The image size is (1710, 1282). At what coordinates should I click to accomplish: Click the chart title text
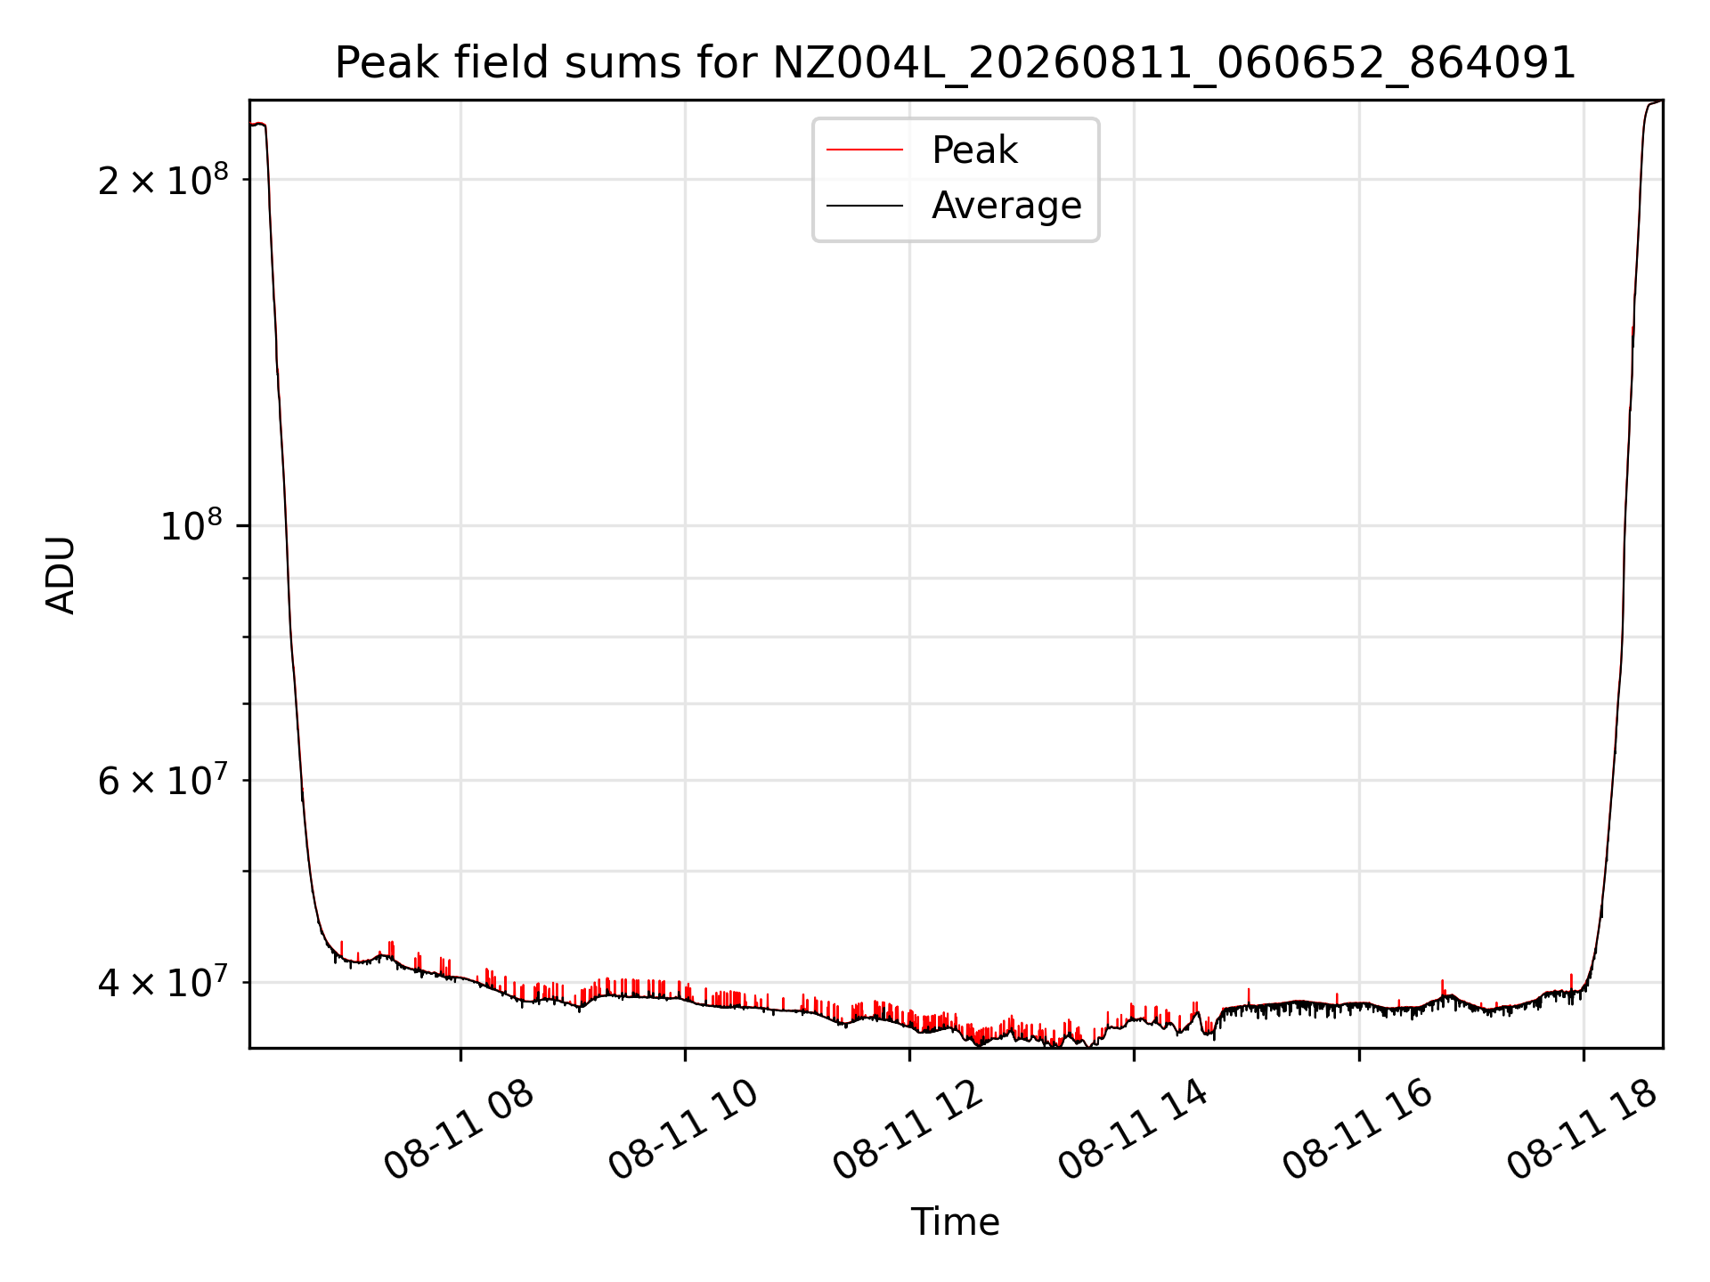point(956,63)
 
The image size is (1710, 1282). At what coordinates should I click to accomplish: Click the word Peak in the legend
point(974,150)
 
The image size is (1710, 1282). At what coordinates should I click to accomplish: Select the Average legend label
point(1006,206)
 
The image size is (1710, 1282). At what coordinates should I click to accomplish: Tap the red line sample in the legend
point(865,150)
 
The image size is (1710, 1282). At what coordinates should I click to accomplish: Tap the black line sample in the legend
point(865,206)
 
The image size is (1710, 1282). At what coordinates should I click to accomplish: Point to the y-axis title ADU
point(61,574)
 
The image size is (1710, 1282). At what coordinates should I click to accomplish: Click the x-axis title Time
point(956,1222)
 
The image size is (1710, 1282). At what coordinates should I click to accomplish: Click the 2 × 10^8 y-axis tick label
point(163,180)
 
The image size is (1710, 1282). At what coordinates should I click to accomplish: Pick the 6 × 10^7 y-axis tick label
point(163,781)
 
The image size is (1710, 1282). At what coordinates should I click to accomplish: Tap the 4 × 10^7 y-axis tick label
point(163,982)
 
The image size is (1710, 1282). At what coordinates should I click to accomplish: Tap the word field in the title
point(501,62)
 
